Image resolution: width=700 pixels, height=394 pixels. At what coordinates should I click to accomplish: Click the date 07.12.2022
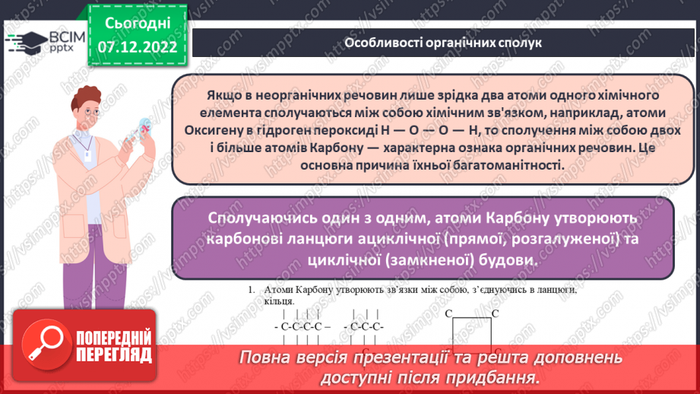click(x=138, y=47)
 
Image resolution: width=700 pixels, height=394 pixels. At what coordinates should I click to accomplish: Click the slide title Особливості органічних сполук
click(x=442, y=43)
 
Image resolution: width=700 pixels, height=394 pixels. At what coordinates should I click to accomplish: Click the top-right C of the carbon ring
click(x=495, y=313)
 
